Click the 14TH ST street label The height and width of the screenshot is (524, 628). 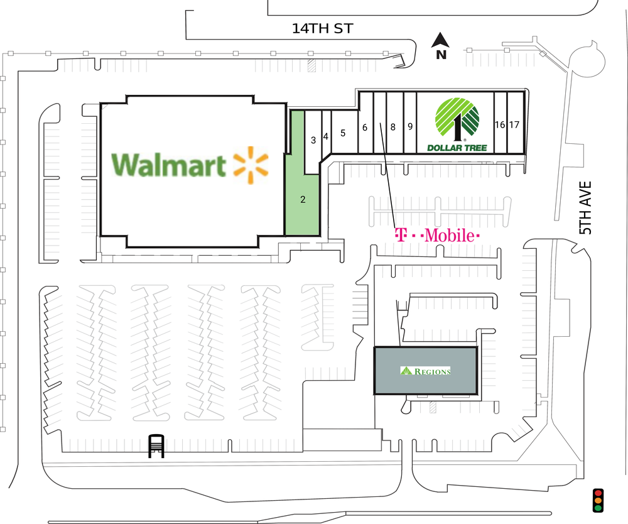coord(322,29)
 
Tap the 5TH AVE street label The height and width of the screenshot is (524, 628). coord(585,208)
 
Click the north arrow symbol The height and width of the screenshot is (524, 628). coord(440,40)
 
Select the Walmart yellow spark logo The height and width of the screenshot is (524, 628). coord(251,165)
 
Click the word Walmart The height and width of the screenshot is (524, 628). coord(168,165)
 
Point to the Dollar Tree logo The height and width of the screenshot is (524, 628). coord(457,124)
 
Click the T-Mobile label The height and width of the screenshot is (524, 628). coord(437,235)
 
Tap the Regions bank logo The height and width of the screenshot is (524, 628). coord(425,371)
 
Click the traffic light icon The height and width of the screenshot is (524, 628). coord(598,500)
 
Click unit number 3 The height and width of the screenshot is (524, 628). coord(313,140)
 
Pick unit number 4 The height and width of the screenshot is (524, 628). coord(325,137)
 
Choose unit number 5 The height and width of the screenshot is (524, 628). coord(343,133)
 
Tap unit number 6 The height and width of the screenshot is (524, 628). coord(364,128)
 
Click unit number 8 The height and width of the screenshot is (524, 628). coord(393,127)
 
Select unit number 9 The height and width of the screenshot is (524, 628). coord(410,126)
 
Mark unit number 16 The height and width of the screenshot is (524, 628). coord(499,124)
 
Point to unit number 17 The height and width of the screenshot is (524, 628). coord(514,124)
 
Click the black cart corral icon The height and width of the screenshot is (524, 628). coord(156,446)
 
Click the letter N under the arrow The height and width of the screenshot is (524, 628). coord(441,55)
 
